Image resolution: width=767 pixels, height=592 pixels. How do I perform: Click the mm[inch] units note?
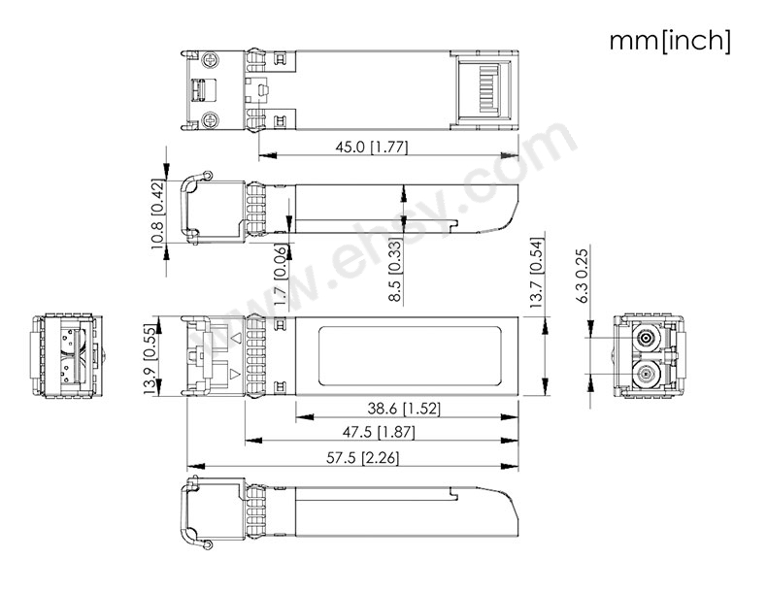(670, 41)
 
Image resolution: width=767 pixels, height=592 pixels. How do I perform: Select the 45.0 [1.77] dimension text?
(372, 147)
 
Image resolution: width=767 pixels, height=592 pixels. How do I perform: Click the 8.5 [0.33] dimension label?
(395, 270)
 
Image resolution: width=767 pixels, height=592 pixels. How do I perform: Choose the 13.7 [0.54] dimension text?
(537, 273)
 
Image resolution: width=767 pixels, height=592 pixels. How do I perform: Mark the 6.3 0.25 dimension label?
(583, 276)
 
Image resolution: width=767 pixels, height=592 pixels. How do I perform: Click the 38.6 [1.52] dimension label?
(404, 409)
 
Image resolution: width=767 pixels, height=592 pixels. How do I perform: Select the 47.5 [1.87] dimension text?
(379, 432)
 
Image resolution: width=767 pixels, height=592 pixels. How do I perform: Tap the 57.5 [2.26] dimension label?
(362, 458)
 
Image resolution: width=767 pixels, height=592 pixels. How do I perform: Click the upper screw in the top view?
(211, 61)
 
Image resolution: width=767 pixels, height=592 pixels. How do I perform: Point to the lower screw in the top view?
(211, 118)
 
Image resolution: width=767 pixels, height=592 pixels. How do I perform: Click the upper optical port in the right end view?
(646, 339)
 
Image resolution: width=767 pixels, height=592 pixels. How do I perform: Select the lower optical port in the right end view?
(646, 376)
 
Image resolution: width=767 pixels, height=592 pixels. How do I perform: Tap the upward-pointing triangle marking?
(236, 338)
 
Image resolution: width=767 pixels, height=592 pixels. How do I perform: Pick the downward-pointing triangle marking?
(236, 374)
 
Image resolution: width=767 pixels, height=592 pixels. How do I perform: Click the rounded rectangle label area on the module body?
(409, 356)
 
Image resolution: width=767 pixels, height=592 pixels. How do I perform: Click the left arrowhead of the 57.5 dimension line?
(195, 466)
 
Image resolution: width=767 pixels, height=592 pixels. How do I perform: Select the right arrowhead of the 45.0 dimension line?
(511, 155)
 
